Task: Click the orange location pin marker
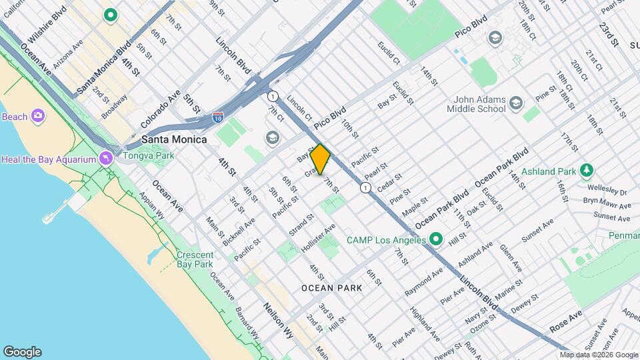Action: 320,159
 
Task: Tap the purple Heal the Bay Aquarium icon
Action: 106,158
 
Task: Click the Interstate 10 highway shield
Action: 217,117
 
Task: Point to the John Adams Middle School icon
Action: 515,103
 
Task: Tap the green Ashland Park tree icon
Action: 586,171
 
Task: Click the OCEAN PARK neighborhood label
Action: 331,288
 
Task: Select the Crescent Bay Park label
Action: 195,260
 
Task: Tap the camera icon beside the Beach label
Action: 38,117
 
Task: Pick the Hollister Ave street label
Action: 321,237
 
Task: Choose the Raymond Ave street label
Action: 424,281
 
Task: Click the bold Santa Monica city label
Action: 174,139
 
